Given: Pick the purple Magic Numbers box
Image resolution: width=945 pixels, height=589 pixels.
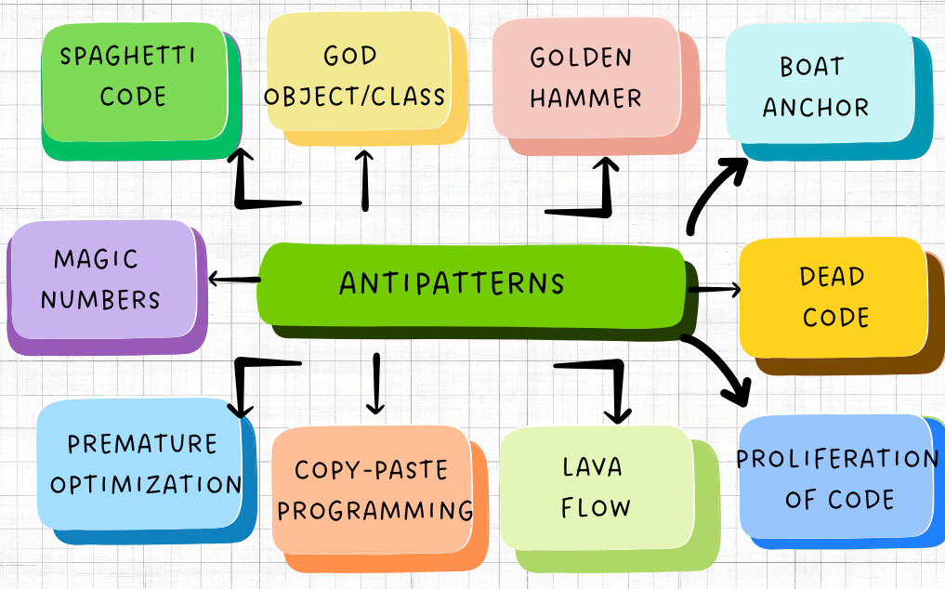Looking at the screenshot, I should pos(102,279).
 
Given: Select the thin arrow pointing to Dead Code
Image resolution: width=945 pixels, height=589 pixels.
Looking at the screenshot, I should pos(714,290).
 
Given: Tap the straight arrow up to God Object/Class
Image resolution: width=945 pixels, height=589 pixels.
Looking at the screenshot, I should pos(364,180).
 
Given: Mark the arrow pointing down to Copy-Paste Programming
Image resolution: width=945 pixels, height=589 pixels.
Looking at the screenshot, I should pos(374,383).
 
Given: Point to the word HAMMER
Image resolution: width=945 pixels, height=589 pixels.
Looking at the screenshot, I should pos(585,98).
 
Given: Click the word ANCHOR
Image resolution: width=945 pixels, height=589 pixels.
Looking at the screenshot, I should pos(816,107).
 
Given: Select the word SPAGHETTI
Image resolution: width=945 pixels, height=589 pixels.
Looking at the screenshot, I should pos(127,57).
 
